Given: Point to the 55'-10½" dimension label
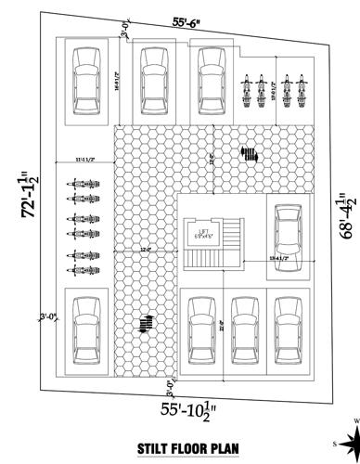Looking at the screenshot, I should point(185,407).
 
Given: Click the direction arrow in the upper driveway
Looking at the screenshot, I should point(249,153).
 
